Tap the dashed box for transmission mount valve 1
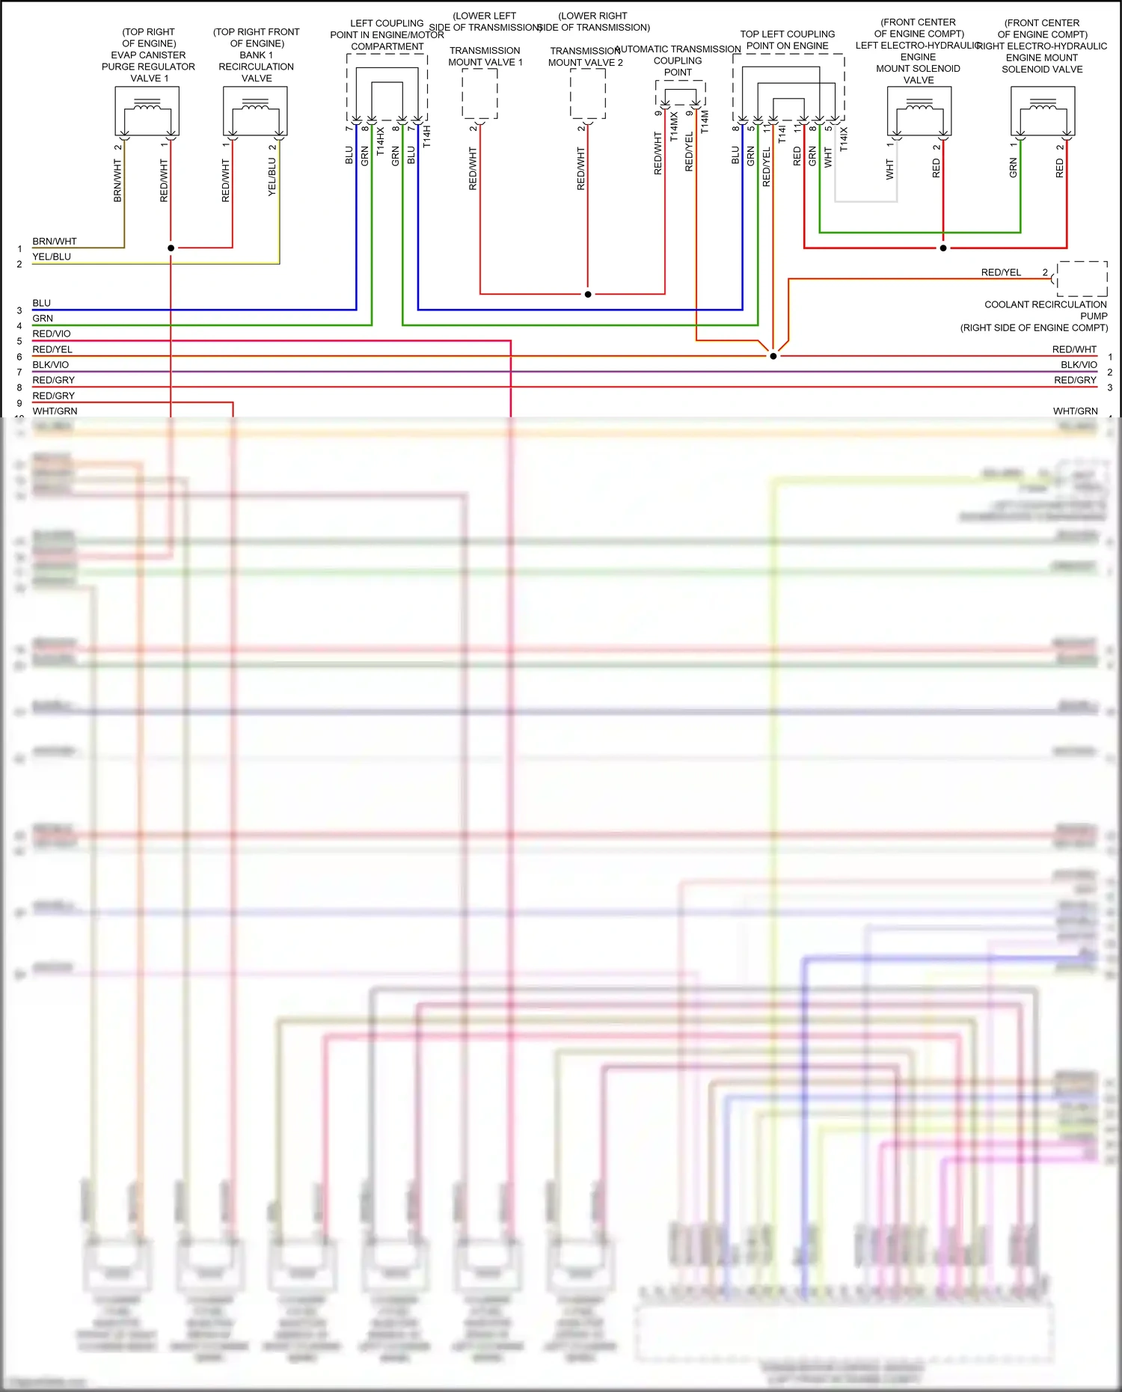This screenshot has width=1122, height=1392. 479,93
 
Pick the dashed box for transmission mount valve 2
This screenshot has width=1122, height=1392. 588,93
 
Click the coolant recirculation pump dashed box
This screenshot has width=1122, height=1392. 1082,279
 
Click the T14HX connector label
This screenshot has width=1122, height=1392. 381,141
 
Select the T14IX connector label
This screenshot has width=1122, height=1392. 844,139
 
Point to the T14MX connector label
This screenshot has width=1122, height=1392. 674,127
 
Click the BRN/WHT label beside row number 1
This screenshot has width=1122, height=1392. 55,242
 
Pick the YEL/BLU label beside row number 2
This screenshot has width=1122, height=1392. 52,257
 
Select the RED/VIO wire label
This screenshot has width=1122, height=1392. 52,334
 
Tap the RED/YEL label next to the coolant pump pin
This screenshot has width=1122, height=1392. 1001,272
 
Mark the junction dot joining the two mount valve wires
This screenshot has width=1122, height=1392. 588,295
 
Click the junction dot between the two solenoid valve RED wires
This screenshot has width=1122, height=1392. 943,248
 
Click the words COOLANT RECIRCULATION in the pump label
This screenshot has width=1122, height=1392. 1045,304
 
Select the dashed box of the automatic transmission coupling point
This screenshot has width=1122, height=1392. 681,92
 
